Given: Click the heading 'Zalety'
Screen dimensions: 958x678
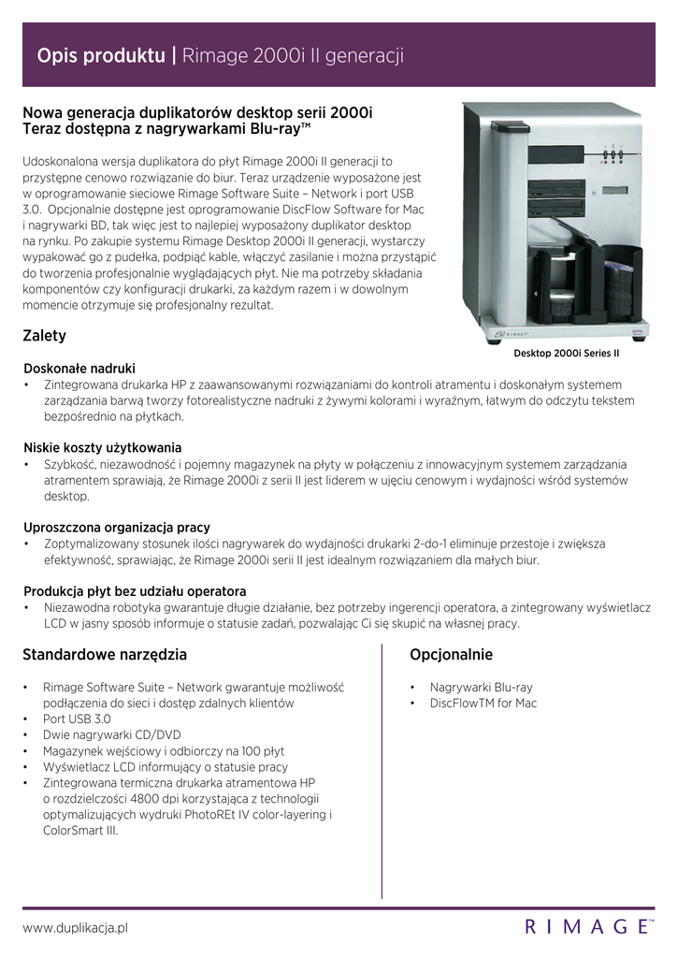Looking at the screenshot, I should (44, 335).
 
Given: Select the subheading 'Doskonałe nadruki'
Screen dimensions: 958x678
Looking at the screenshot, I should (79, 369).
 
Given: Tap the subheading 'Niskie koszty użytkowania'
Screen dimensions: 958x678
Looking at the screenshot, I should (103, 447).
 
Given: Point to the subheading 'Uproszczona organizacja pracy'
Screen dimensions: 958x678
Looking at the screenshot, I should (117, 527).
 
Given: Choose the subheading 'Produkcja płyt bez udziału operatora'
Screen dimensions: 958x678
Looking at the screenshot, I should (135, 591).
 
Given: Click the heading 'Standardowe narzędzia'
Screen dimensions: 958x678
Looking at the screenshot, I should (105, 654).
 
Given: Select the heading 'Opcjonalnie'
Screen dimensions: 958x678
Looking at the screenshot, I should (451, 654).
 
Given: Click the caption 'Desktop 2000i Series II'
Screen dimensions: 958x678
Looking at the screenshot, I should (567, 354).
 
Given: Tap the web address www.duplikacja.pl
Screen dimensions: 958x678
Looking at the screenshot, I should (75, 927).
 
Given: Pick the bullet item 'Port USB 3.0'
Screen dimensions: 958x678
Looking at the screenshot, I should (77, 718).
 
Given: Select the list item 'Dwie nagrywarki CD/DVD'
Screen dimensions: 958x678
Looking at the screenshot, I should (112, 734).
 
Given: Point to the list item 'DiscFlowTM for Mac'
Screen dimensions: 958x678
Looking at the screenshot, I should (483, 703).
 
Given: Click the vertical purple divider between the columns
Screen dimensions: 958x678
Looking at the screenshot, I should (382, 767).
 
